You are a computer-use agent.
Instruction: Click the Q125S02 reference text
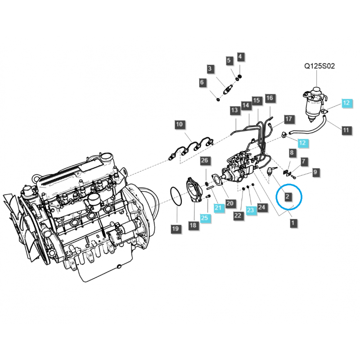pos(319,66)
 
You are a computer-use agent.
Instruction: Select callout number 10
pos(180,124)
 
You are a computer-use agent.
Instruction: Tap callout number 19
pos(175,229)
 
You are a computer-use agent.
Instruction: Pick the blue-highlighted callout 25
pos(205,218)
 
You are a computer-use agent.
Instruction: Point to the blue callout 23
pos(251,209)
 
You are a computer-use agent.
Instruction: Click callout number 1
pos(293,222)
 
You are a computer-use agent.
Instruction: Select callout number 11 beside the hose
pos(346,130)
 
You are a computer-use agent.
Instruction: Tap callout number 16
pos(269,98)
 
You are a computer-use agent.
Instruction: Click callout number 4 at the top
pos(240,57)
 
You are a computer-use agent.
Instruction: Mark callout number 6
pos(202,82)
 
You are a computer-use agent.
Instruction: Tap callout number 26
pos(205,161)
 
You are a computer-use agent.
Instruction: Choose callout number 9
pos(315,171)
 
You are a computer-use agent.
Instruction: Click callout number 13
pos(234,110)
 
